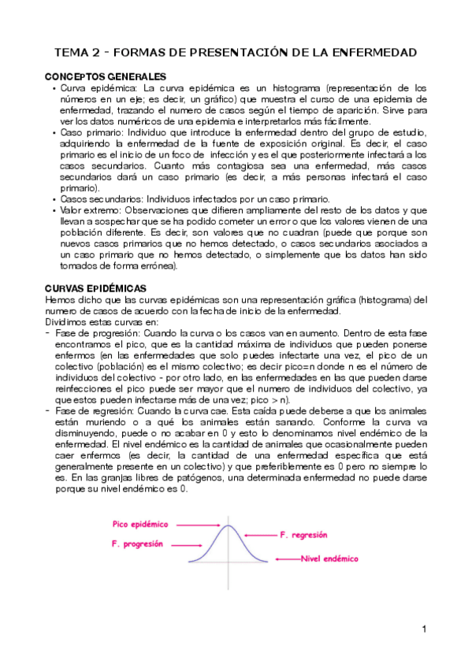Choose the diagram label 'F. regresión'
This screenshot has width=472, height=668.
[303, 534]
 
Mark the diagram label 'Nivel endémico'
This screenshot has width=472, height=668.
[329, 559]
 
